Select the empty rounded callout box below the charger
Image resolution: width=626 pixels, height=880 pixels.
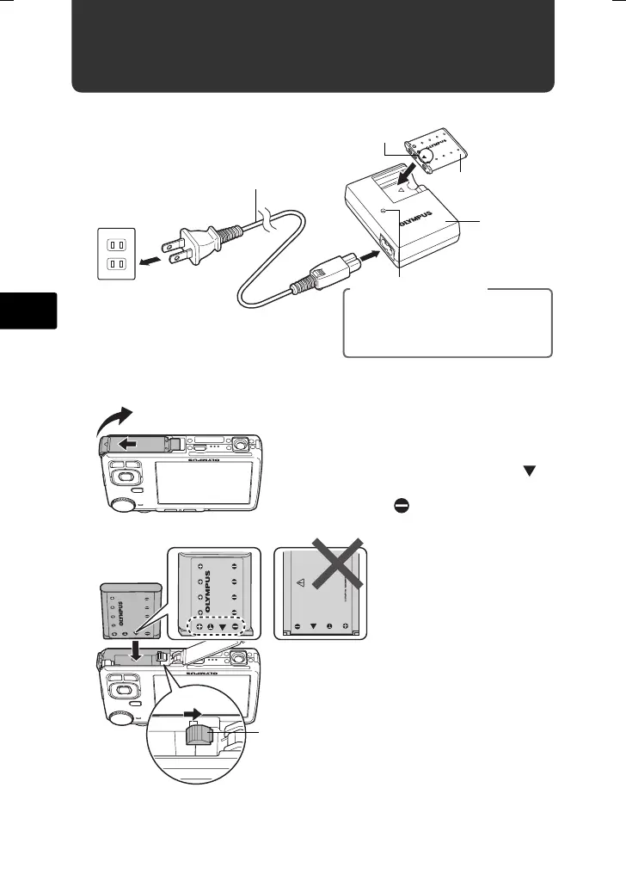[x=447, y=323]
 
